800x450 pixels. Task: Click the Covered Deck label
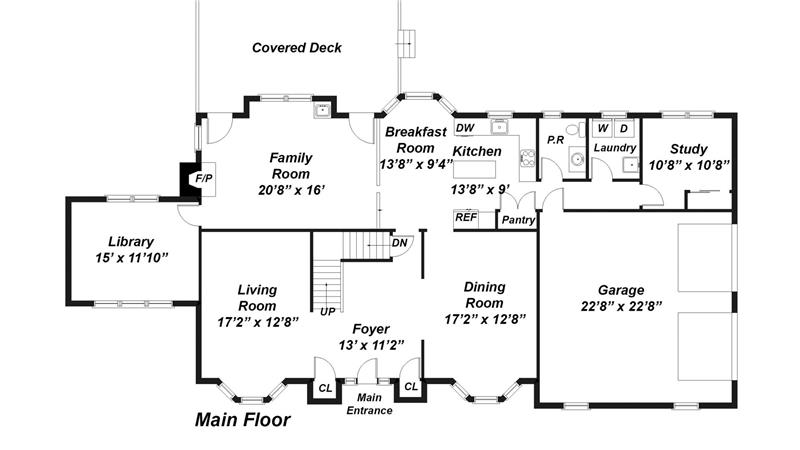click(x=296, y=48)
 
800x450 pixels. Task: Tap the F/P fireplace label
click(x=204, y=179)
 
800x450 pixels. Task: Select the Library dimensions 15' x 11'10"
click(x=132, y=258)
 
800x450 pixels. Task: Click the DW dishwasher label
click(x=465, y=128)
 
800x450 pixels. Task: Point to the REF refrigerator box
click(x=466, y=219)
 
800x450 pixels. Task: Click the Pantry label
click(x=518, y=220)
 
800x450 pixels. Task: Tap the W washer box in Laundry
click(x=603, y=129)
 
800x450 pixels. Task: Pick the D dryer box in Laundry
click(x=623, y=129)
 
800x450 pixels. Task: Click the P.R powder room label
click(x=555, y=140)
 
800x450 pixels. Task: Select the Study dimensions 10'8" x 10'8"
click(x=688, y=165)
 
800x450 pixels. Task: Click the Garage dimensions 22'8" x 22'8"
click(x=621, y=307)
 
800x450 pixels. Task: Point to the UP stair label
click(x=328, y=311)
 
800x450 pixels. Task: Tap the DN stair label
click(x=399, y=243)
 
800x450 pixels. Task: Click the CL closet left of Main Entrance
click(x=325, y=388)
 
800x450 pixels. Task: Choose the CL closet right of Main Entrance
click(x=411, y=387)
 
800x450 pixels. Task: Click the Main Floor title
click(x=242, y=420)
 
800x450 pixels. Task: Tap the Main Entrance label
click(x=369, y=404)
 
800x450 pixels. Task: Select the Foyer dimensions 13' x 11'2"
click(x=371, y=345)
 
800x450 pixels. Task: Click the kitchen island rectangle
click(x=474, y=169)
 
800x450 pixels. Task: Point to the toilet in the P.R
click(x=576, y=129)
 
